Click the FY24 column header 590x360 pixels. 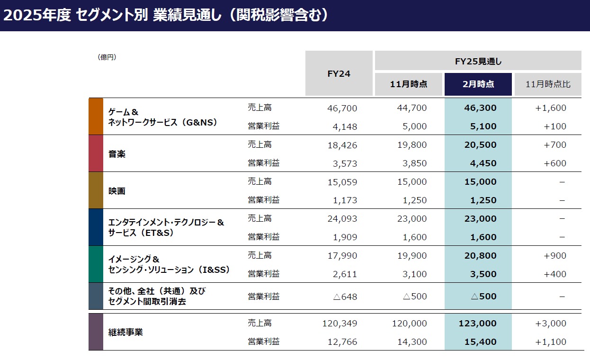coord(339,73)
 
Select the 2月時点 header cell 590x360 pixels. coord(478,84)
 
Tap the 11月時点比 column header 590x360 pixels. coord(548,84)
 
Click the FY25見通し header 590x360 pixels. coord(478,61)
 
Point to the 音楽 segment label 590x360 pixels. coord(117,154)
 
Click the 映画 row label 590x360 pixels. coord(117,191)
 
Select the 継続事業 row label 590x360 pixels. coord(125,332)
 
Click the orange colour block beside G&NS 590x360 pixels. coord(96,117)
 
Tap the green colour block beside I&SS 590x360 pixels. coord(96,264)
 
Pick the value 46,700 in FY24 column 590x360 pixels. coord(342,108)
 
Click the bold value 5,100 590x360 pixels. coord(483,126)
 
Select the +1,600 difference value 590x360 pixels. coord(551,108)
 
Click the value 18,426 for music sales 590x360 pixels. coord(342,145)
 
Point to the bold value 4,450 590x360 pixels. coord(483,163)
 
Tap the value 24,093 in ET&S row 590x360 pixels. coord(342,219)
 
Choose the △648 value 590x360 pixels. coord(345,297)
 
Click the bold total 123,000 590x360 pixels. coord(478,324)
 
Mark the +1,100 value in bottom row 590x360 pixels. coord(551,342)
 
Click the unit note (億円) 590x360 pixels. coord(107,57)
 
